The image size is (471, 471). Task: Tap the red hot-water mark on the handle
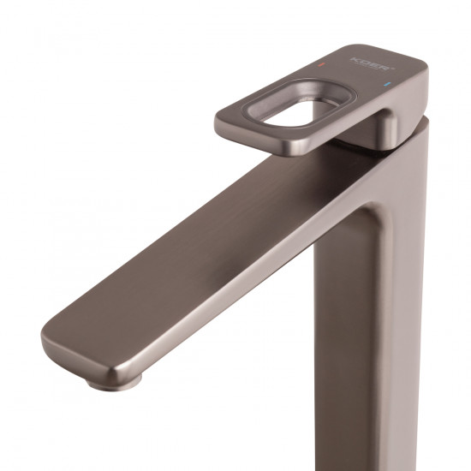[x=321, y=65]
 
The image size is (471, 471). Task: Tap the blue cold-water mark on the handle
[x=391, y=86]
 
